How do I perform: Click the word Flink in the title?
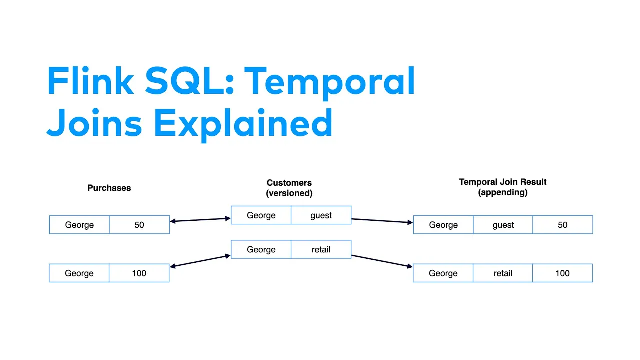90,80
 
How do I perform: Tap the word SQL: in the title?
189,80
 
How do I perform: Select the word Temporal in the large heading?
329,83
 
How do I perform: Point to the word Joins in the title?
94,123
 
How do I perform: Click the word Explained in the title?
243,125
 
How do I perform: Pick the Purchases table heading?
109,188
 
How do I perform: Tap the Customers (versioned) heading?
289,188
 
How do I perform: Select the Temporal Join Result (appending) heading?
503,187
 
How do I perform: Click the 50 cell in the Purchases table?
139,225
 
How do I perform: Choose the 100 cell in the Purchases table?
139,273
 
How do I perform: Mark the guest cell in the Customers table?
321,215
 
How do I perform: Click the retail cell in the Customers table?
321,249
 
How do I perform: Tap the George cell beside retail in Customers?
261,249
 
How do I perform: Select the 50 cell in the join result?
563,225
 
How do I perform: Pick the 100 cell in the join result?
562,273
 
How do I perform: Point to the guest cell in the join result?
503,225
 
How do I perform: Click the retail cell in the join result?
503,273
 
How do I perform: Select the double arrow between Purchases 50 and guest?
200,220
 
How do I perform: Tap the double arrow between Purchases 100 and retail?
200,261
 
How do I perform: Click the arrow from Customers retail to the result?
382,261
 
